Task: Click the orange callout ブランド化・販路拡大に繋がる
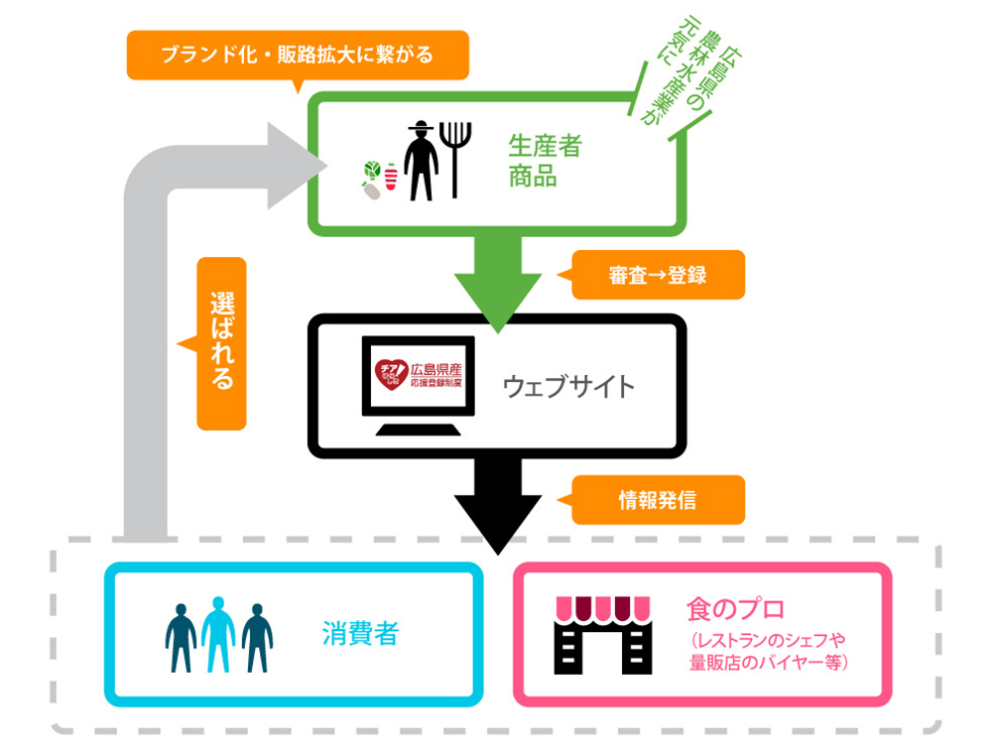click(297, 55)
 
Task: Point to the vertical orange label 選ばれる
click(221, 343)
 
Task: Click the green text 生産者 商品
click(544, 162)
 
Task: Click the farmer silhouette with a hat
click(422, 160)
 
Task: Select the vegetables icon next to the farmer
click(378, 180)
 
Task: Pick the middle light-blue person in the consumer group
click(218, 636)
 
